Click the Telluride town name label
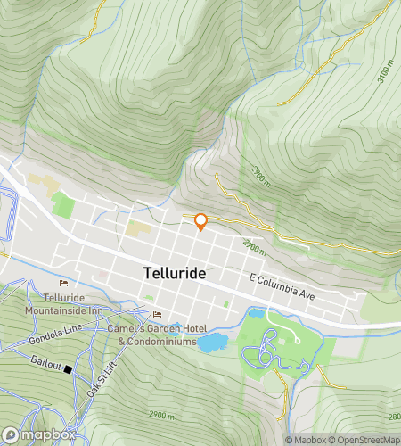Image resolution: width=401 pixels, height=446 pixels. pyautogui.click(x=176, y=273)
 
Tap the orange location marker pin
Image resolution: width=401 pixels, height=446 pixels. pyautogui.click(x=201, y=221)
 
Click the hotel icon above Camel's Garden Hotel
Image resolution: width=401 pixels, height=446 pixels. pyautogui.click(x=158, y=314)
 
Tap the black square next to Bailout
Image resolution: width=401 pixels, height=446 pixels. pyautogui.click(x=68, y=368)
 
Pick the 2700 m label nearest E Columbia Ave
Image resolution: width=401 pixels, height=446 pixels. pyautogui.click(x=255, y=244)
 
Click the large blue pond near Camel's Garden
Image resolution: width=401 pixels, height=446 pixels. pyautogui.click(x=211, y=342)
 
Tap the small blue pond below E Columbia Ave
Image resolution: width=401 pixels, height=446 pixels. pyautogui.click(x=256, y=314)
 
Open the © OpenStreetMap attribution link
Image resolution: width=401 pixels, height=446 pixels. pyautogui.click(x=367, y=440)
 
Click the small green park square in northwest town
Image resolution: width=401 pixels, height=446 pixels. pyautogui.click(x=62, y=205)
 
